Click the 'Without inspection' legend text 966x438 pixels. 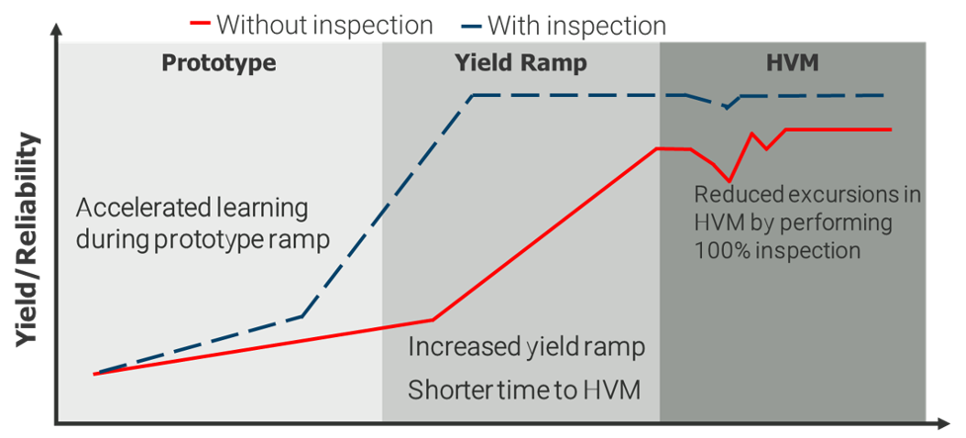[x=324, y=24]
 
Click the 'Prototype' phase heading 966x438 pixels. [x=219, y=63]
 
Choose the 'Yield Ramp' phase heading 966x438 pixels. [x=520, y=63]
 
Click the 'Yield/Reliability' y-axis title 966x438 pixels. [x=29, y=240]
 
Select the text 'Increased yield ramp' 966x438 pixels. [x=526, y=348]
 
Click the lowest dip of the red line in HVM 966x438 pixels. [x=729, y=181]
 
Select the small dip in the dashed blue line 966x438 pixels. [x=726, y=106]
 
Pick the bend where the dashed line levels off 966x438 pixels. [x=474, y=96]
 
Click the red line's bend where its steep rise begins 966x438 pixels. [x=433, y=319]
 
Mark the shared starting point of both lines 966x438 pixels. [x=95, y=374]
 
